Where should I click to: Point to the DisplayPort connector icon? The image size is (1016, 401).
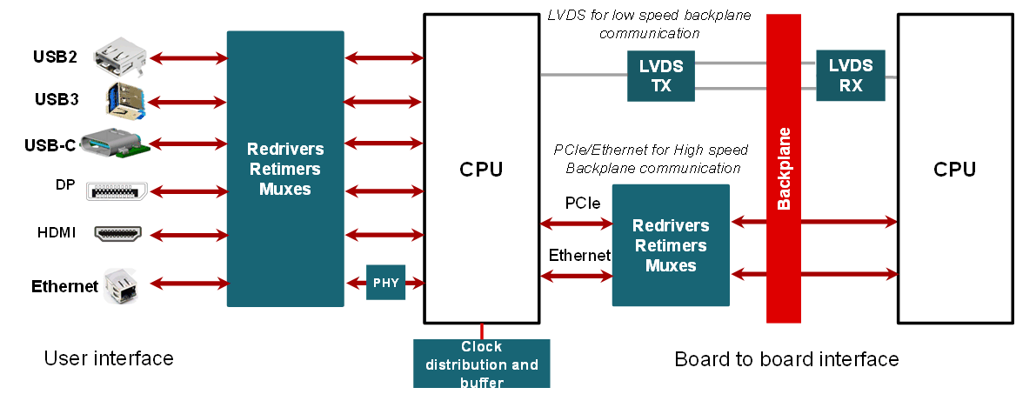[117, 190]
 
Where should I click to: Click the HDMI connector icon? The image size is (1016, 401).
[117, 234]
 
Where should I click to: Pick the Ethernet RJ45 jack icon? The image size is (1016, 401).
[119, 284]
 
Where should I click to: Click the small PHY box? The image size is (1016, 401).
[385, 283]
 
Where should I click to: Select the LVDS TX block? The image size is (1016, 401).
[661, 76]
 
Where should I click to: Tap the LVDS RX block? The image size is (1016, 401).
[850, 75]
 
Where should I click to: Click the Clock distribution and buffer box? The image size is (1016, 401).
[481, 364]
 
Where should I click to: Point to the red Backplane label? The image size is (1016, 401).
[784, 169]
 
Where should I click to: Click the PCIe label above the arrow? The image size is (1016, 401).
[582, 204]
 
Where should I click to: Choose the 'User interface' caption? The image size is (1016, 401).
[109, 358]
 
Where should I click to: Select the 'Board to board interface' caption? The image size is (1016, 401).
[786, 359]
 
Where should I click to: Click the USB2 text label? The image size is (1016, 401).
[55, 58]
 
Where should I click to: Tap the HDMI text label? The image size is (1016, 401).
[57, 233]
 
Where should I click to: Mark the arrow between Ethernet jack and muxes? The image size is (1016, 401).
[189, 284]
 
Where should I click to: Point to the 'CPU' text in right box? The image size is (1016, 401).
[954, 170]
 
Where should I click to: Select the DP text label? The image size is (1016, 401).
[64, 184]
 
